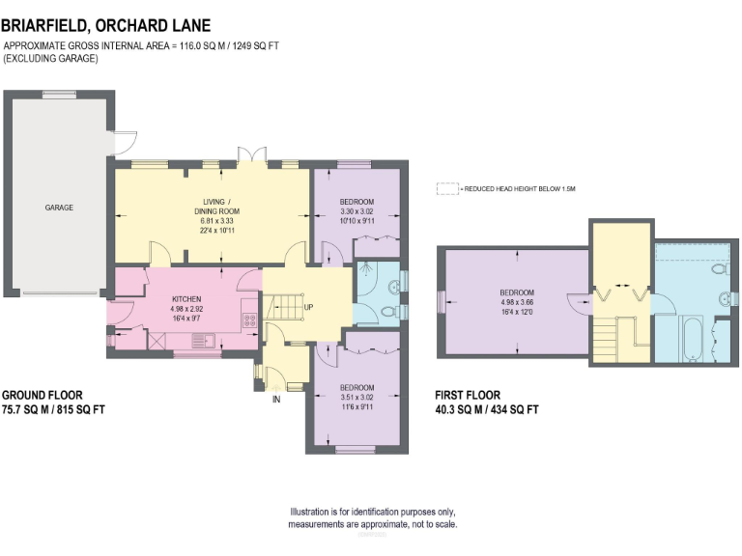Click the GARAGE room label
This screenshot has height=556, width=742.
[58, 208]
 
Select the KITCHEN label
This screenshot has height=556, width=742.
[185, 299]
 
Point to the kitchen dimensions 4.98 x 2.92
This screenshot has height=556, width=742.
[185, 310]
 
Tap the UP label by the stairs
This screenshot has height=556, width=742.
[308, 307]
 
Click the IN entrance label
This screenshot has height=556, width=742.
[276, 398]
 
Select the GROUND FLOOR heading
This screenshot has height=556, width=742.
[42, 395]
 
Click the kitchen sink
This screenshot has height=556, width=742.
[204, 340]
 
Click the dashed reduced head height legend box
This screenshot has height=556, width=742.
[446, 189]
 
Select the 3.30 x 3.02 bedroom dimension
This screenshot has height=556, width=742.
[357, 211]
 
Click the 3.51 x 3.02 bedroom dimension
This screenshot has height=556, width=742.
[357, 397]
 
